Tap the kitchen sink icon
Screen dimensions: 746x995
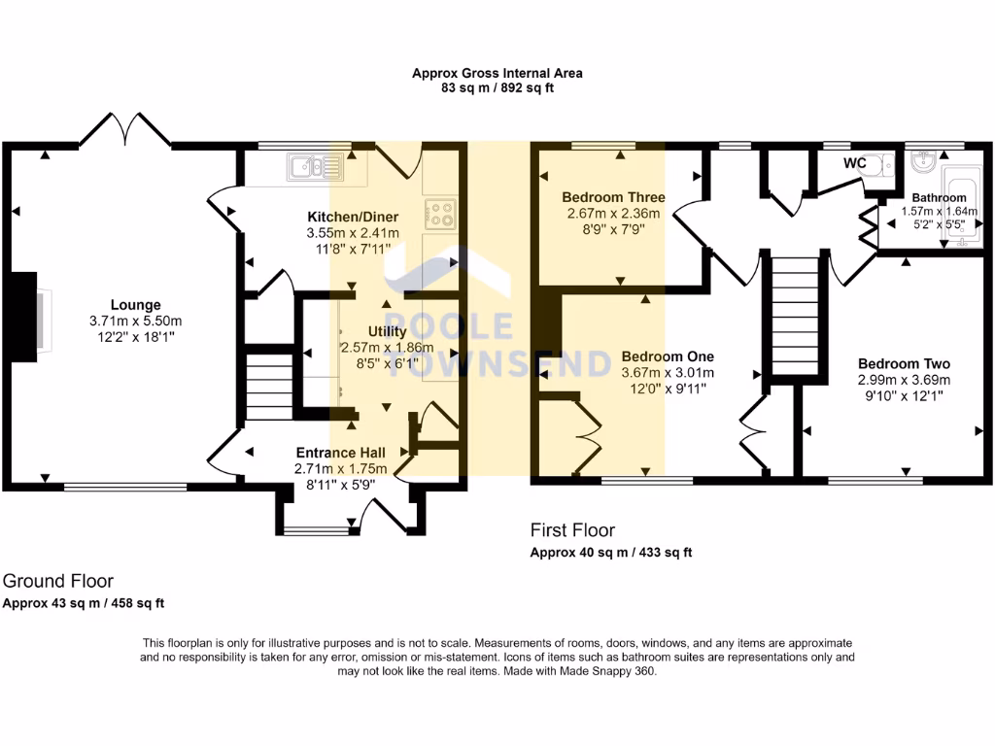coord(315,169)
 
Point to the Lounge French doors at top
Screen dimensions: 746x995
coord(124,130)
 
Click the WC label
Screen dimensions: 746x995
coord(854,163)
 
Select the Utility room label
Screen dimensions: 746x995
coord(387,332)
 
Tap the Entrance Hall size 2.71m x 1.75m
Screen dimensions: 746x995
coord(340,468)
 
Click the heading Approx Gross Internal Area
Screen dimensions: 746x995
coord(497,73)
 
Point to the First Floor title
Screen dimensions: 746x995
coord(572,530)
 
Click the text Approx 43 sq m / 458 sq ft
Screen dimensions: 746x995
coord(84,603)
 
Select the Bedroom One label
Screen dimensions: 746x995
coord(668,356)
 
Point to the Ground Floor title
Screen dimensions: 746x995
coord(58,581)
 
